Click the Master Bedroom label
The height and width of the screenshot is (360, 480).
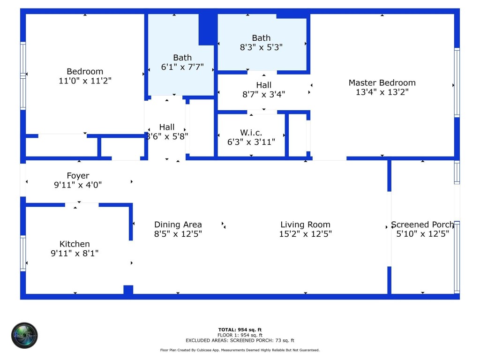click(x=382, y=83)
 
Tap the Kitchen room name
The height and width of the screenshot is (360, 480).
click(x=75, y=244)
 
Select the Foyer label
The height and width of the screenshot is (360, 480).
click(x=78, y=176)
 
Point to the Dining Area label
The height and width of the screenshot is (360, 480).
click(x=178, y=225)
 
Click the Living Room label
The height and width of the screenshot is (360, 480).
click(x=306, y=225)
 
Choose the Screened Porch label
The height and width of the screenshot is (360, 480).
click(x=422, y=225)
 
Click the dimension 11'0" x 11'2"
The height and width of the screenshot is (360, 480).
click(x=85, y=81)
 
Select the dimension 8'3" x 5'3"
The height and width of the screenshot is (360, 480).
click(x=261, y=47)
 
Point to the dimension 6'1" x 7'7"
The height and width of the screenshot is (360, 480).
click(x=182, y=67)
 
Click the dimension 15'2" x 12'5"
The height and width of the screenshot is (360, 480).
click(x=306, y=234)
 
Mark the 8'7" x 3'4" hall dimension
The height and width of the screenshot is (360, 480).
click(x=264, y=94)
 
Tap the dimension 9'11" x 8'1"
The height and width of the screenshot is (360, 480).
click(x=75, y=253)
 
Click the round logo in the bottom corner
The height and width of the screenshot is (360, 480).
click(x=24, y=335)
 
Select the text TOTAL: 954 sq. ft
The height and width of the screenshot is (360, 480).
click(x=240, y=330)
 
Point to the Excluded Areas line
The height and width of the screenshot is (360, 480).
click(x=240, y=341)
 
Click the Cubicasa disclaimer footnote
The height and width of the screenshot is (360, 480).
click(x=240, y=350)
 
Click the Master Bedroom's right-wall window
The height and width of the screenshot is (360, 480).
click(x=457, y=82)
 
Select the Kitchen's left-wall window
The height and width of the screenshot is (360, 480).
click(x=22, y=253)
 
